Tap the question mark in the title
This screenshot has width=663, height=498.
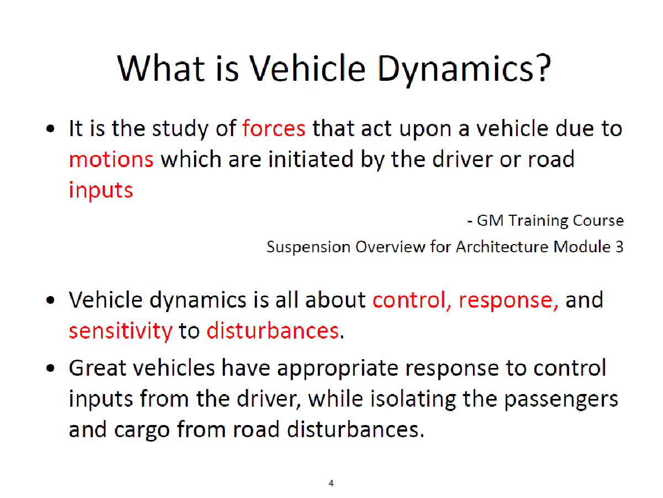[544, 68]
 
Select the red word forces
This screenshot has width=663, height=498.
[273, 128]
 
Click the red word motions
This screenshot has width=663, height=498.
[111, 159]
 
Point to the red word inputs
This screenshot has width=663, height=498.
[101, 190]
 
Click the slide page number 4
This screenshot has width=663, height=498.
[331, 483]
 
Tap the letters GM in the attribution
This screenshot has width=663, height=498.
[490, 220]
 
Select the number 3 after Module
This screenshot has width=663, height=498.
[619, 247]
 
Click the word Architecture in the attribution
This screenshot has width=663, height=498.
[502, 247]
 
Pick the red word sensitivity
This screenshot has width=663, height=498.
[120, 331]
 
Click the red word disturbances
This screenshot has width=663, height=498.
[272, 330]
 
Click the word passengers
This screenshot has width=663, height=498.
[561, 400]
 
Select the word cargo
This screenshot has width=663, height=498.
[141, 430]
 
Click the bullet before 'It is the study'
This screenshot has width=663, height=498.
[50, 128]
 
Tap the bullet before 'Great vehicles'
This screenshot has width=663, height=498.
[50, 369]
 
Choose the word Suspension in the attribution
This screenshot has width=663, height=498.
[308, 247]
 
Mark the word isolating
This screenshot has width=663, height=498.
[413, 400]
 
